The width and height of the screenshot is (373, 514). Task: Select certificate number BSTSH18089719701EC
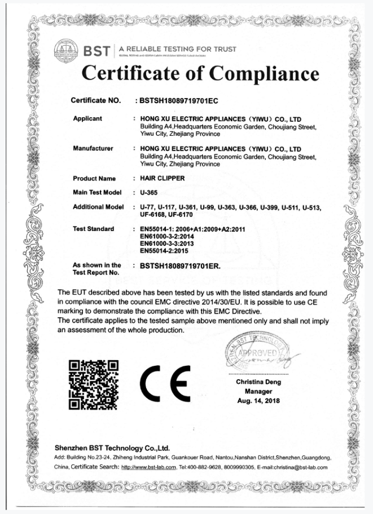[x=178, y=101]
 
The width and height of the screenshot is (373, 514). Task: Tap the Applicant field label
[x=87, y=118]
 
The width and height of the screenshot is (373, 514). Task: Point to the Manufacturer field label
[x=93, y=148]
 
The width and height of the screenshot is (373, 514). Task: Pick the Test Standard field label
[x=94, y=229]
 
